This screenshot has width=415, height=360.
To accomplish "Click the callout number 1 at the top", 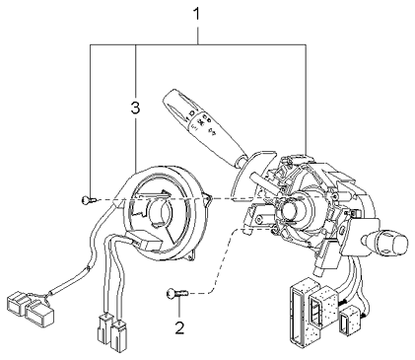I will coord(198,14).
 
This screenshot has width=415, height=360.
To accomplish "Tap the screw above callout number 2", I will coord(174,293).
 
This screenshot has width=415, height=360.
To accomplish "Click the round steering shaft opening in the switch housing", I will coord(293,210).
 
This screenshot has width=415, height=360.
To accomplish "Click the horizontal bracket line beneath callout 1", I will coord(198,44).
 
